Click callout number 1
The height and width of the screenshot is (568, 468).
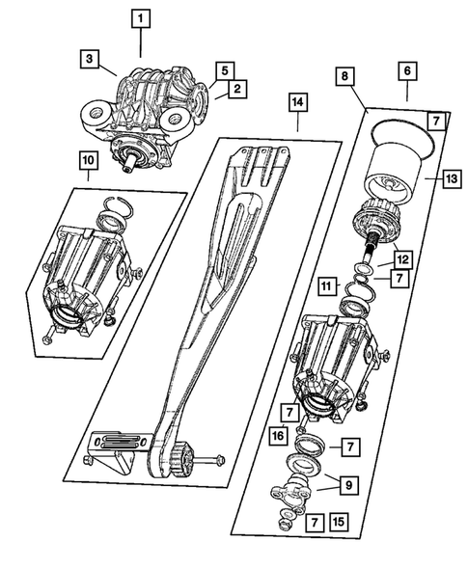pyautogui.click(x=141, y=17)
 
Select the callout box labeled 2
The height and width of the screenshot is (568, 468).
pyautogui.click(x=234, y=90)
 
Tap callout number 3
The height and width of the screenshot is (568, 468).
pyautogui.click(x=89, y=60)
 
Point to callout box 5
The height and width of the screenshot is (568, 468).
pyautogui.click(x=224, y=70)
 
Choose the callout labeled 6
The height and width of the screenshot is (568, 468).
pyautogui.click(x=406, y=70)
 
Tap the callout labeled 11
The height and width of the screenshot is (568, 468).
pyautogui.click(x=327, y=286)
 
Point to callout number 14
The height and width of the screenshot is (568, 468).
pyautogui.click(x=298, y=102)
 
